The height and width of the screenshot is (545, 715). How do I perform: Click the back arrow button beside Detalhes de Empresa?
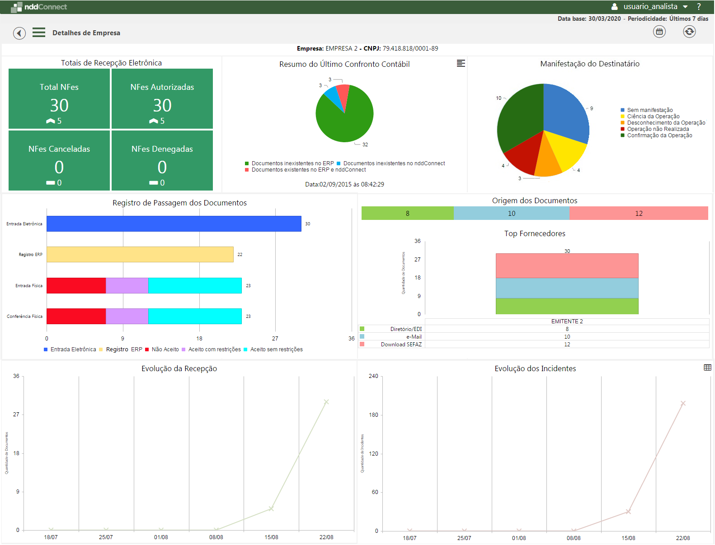pyautogui.click(x=19, y=33)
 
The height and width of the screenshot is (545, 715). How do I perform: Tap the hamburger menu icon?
pyautogui.click(x=39, y=33)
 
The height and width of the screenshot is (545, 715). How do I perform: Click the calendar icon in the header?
pyautogui.click(x=659, y=32)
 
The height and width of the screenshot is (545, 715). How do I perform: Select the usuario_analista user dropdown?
pyautogui.click(x=650, y=7)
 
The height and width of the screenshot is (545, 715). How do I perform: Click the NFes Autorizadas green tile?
pyautogui.click(x=162, y=99)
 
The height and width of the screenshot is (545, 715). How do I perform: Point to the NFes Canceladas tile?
pyautogui.click(x=59, y=160)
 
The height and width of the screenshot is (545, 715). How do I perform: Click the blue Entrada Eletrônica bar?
pyautogui.click(x=174, y=224)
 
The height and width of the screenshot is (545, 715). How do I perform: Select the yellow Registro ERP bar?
pyautogui.click(x=140, y=255)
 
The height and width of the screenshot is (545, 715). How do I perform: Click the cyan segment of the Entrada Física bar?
pyautogui.click(x=195, y=286)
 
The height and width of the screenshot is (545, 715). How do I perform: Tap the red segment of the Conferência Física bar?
pyautogui.click(x=76, y=317)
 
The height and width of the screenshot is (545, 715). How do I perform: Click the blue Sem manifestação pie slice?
pyautogui.click(x=564, y=111)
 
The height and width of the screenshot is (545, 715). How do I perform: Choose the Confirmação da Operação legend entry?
pyautogui.click(x=659, y=135)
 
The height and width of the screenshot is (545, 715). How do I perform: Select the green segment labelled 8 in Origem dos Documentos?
pyautogui.click(x=407, y=214)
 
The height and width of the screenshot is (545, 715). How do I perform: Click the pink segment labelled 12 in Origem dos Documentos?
pyautogui.click(x=638, y=214)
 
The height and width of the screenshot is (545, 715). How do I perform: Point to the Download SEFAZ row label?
pyautogui.click(x=401, y=345)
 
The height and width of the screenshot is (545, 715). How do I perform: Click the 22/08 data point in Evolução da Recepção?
pyautogui.click(x=326, y=402)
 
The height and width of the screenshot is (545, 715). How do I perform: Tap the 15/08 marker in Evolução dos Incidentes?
pyautogui.click(x=628, y=512)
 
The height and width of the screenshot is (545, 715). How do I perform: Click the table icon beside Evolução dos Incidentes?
pyautogui.click(x=707, y=368)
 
